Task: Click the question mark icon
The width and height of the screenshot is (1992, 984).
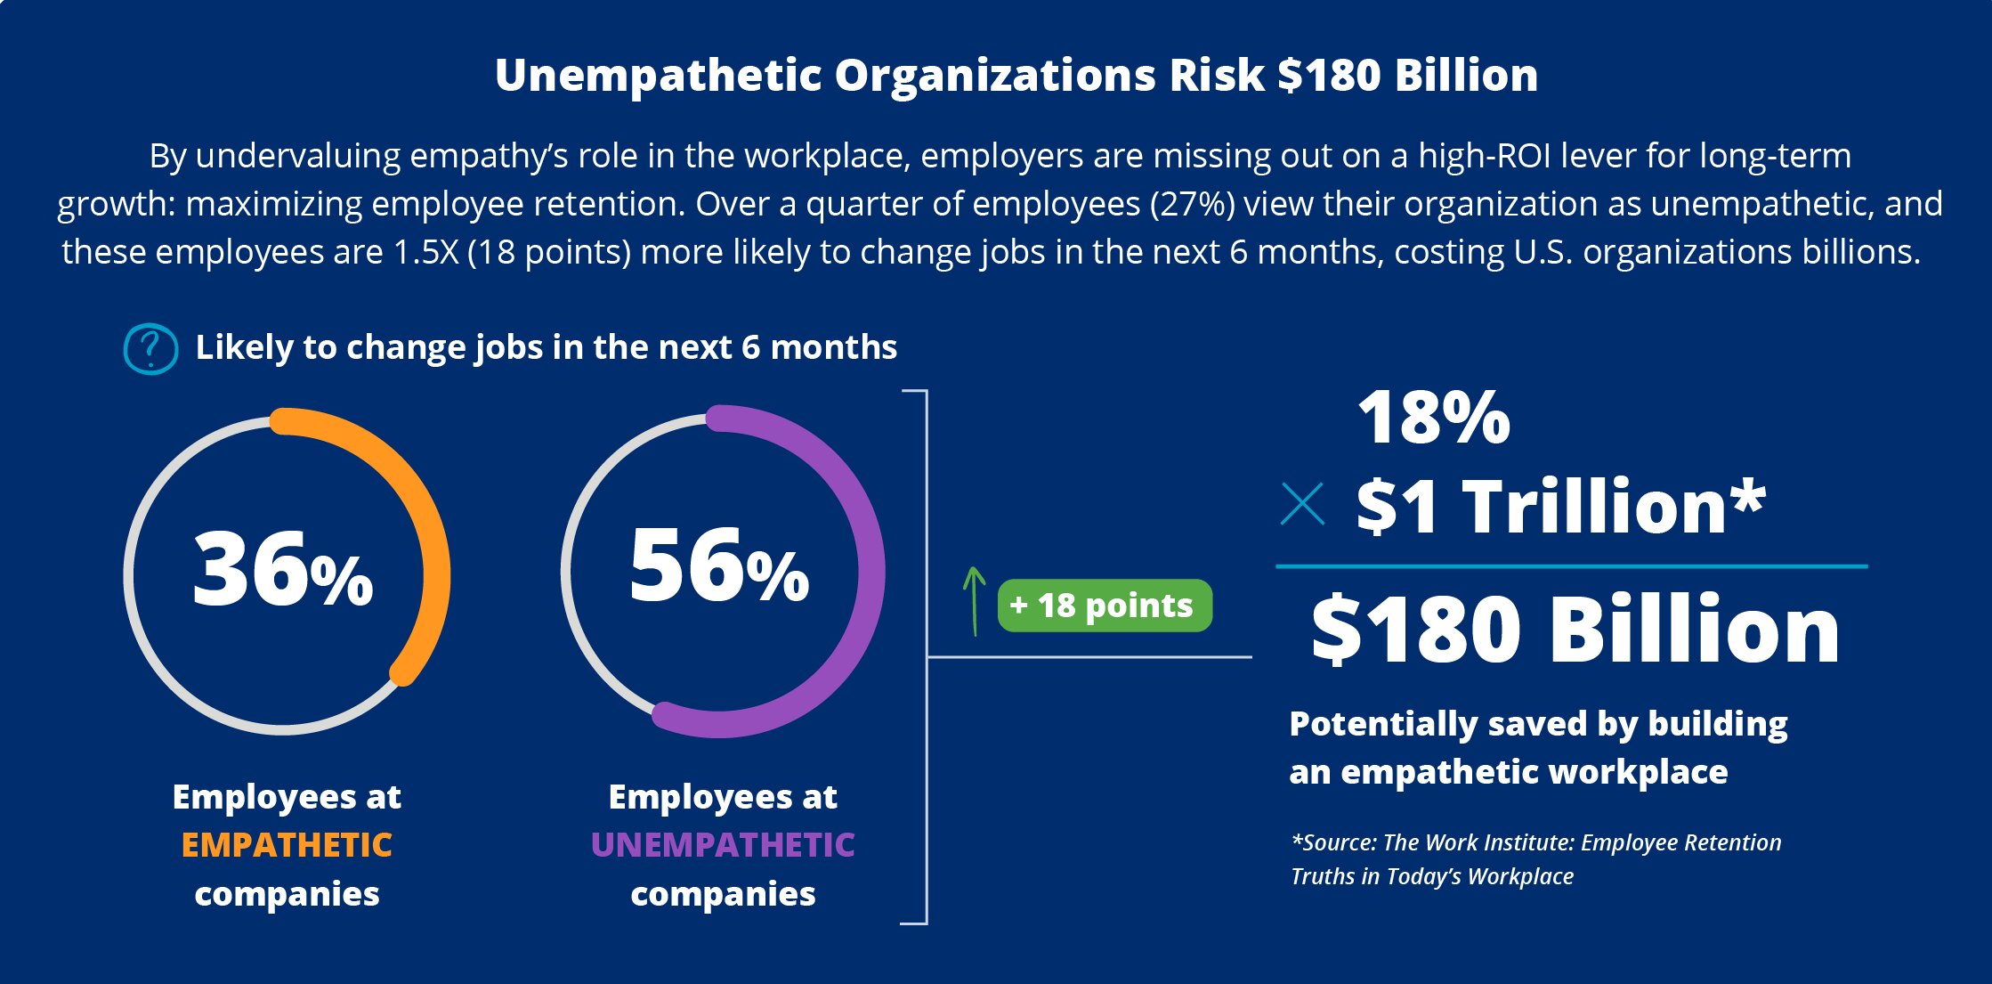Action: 150,348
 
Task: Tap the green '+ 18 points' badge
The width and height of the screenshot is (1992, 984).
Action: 1104,606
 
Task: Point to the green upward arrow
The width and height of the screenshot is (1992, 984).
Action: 975,601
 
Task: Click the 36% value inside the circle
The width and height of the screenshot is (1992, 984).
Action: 283,570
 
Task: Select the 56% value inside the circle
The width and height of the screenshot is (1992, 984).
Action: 719,567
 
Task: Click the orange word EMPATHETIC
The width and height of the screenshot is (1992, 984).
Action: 287,845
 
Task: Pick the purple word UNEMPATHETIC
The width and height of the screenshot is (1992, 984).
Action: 723,845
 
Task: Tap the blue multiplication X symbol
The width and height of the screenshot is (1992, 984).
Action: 1302,504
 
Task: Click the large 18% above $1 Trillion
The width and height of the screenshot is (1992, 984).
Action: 1433,418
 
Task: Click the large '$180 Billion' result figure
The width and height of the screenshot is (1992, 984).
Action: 1575,630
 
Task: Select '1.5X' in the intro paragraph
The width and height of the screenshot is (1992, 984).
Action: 425,252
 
